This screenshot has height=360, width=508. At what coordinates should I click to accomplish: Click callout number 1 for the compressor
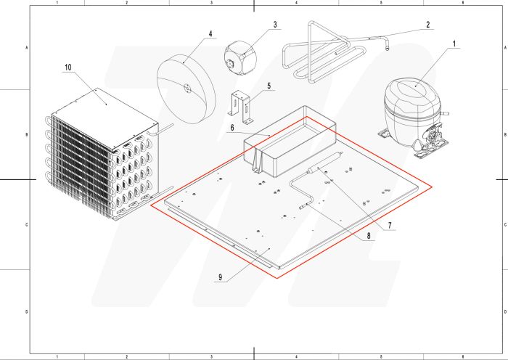coord(454,44)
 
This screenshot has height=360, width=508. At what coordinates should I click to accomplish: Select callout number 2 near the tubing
coord(428,25)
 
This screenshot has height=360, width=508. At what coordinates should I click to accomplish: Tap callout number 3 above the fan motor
coord(275,25)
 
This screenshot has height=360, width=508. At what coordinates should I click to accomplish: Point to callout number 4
coord(210,33)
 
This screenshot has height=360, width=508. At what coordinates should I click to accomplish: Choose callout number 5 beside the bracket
coord(269,86)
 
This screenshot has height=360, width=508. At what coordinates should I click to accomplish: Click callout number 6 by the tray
coord(232,128)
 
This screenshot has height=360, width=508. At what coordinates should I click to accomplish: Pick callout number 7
coord(390,225)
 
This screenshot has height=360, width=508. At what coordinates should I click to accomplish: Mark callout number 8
coord(369,236)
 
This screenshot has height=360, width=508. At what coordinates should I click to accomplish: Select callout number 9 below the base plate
coord(221,277)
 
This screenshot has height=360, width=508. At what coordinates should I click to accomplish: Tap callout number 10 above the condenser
coord(67,67)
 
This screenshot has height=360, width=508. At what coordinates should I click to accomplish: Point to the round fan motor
coord(240,58)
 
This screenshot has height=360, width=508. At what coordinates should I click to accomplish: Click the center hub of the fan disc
coord(187,88)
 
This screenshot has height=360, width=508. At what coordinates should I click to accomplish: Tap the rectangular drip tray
coord(290,142)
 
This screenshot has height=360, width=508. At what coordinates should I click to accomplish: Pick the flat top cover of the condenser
coord(105,119)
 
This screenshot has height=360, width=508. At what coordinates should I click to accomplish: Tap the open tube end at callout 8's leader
coord(301,207)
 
